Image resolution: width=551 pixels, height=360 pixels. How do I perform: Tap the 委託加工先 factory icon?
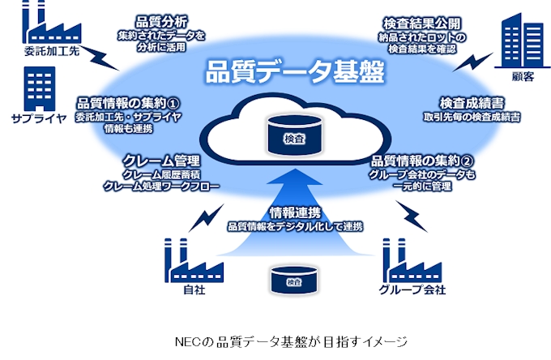coord(48,25)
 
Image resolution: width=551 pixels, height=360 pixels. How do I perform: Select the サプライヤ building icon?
coord(33,88)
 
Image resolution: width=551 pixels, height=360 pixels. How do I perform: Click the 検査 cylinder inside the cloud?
coord(293,137)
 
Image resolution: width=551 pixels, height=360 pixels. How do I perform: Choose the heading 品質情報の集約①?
coord(127,103)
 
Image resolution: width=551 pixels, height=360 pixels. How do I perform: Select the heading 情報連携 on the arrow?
coord(293,213)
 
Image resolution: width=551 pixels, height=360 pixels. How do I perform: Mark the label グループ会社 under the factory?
coord(412,289)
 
